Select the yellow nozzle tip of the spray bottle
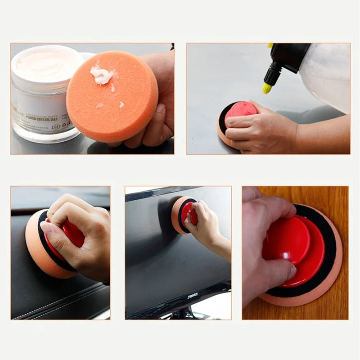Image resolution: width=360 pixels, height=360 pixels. click(267, 88)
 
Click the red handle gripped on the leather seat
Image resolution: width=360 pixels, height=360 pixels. click(72, 234)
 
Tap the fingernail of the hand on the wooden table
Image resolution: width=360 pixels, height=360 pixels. click(292, 271)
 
